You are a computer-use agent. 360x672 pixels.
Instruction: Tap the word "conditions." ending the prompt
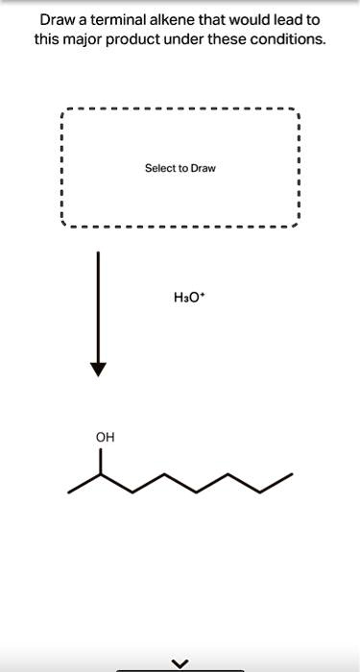290,40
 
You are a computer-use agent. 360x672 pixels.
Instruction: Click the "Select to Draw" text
180,168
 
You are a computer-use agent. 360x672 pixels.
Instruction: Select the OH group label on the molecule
105,437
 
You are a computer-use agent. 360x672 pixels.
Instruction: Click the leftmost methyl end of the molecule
69,492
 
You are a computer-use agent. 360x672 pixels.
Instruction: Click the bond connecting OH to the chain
100,460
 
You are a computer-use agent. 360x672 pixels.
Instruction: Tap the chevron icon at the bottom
180,661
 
